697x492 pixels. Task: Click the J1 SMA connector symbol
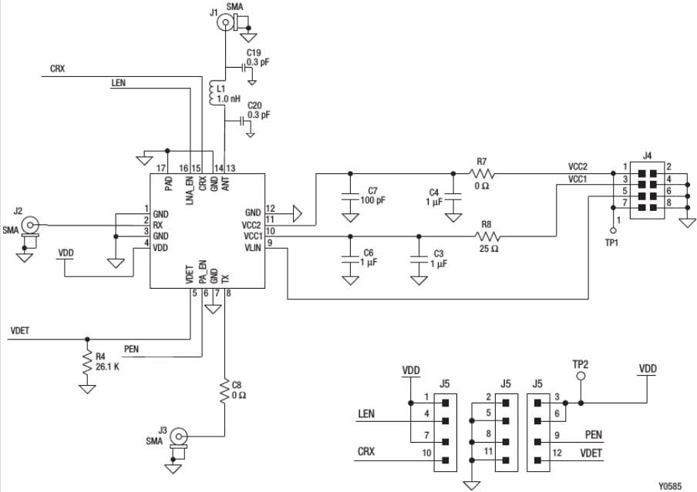point(225,23)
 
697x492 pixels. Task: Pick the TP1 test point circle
point(613,229)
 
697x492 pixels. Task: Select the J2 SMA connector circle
point(29,225)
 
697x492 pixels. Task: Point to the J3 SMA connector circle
point(177,435)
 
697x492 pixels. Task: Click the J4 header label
point(648,156)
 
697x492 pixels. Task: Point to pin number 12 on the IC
point(271,208)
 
